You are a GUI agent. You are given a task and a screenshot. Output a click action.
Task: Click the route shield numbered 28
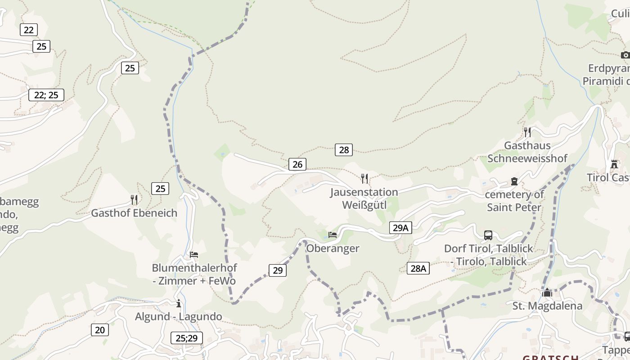pyautogui.click(x=344, y=150)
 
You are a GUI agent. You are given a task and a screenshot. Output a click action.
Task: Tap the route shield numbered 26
pyautogui.click(x=297, y=164)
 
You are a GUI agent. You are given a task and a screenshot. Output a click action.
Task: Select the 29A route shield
pyautogui.click(x=400, y=228)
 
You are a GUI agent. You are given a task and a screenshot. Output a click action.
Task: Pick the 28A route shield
pyautogui.click(x=418, y=269)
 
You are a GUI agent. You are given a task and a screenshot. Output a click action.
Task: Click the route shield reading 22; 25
pyautogui.click(x=46, y=95)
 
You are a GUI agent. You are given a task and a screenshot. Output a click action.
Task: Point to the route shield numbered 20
pyautogui.click(x=100, y=330)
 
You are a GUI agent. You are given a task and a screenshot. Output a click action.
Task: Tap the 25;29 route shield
pyautogui.click(x=187, y=338)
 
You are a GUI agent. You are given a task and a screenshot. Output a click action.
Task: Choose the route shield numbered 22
pyautogui.click(x=28, y=30)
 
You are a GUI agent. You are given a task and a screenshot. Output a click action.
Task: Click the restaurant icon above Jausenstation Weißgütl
pyautogui.click(x=364, y=179)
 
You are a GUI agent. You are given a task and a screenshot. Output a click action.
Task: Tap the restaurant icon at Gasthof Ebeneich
pyautogui.click(x=134, y=199)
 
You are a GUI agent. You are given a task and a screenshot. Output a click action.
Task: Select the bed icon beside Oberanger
pyautogui.click(x=333, y=235)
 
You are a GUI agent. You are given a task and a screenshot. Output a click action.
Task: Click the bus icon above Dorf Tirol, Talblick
pyautogui.click(x=488, y=235)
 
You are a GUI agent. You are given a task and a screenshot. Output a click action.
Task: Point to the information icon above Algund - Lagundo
pyautogui.click(x=179, y=303)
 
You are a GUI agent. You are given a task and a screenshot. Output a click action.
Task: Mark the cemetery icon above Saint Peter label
pyautogui.click(x=514, y=181)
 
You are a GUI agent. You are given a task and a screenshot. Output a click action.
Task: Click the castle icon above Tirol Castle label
pyautogui.click(x=614, y=164)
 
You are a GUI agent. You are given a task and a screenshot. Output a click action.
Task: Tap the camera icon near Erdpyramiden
pyautogui.click(x=625, y=55)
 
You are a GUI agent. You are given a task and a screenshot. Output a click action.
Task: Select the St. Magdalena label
pyautogui.click(x=547, y=306)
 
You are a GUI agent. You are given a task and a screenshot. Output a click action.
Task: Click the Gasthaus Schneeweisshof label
pyautogui.click(x=527, y=152)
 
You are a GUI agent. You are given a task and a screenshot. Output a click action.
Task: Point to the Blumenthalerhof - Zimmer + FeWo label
pyautogui.click(x=194, y=274)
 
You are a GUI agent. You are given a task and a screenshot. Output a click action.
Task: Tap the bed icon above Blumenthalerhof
pyautogui.click(x=194, y=255)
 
